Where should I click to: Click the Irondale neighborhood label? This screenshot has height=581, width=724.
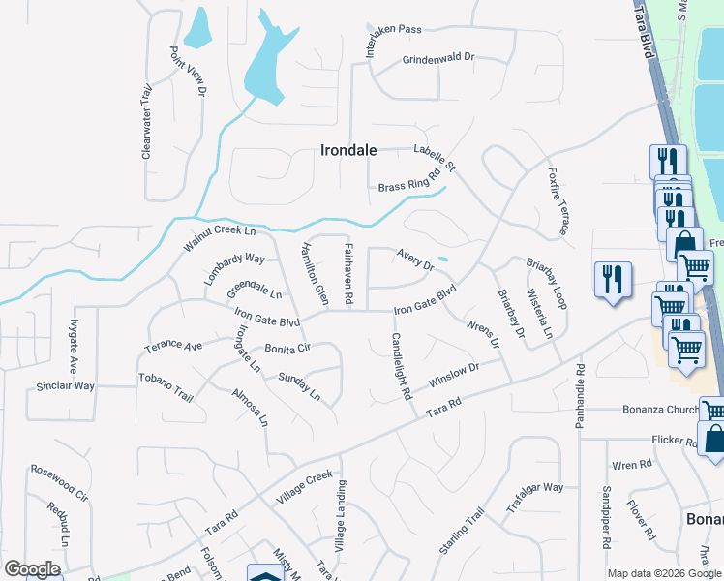click(x=348, y=150)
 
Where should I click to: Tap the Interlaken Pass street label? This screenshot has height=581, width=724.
click(x=394, y=42)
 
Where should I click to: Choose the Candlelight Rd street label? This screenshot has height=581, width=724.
click(x=402, y=367)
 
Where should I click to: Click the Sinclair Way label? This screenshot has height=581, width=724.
click(x=66, y=385)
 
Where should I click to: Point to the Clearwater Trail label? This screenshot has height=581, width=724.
click(x=147, y=121)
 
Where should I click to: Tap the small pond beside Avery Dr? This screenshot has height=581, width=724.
click(x=442, y=259)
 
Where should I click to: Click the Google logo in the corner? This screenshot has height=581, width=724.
click(x=31, y=569)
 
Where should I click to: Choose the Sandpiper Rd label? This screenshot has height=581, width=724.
click(x=607, y=516)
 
